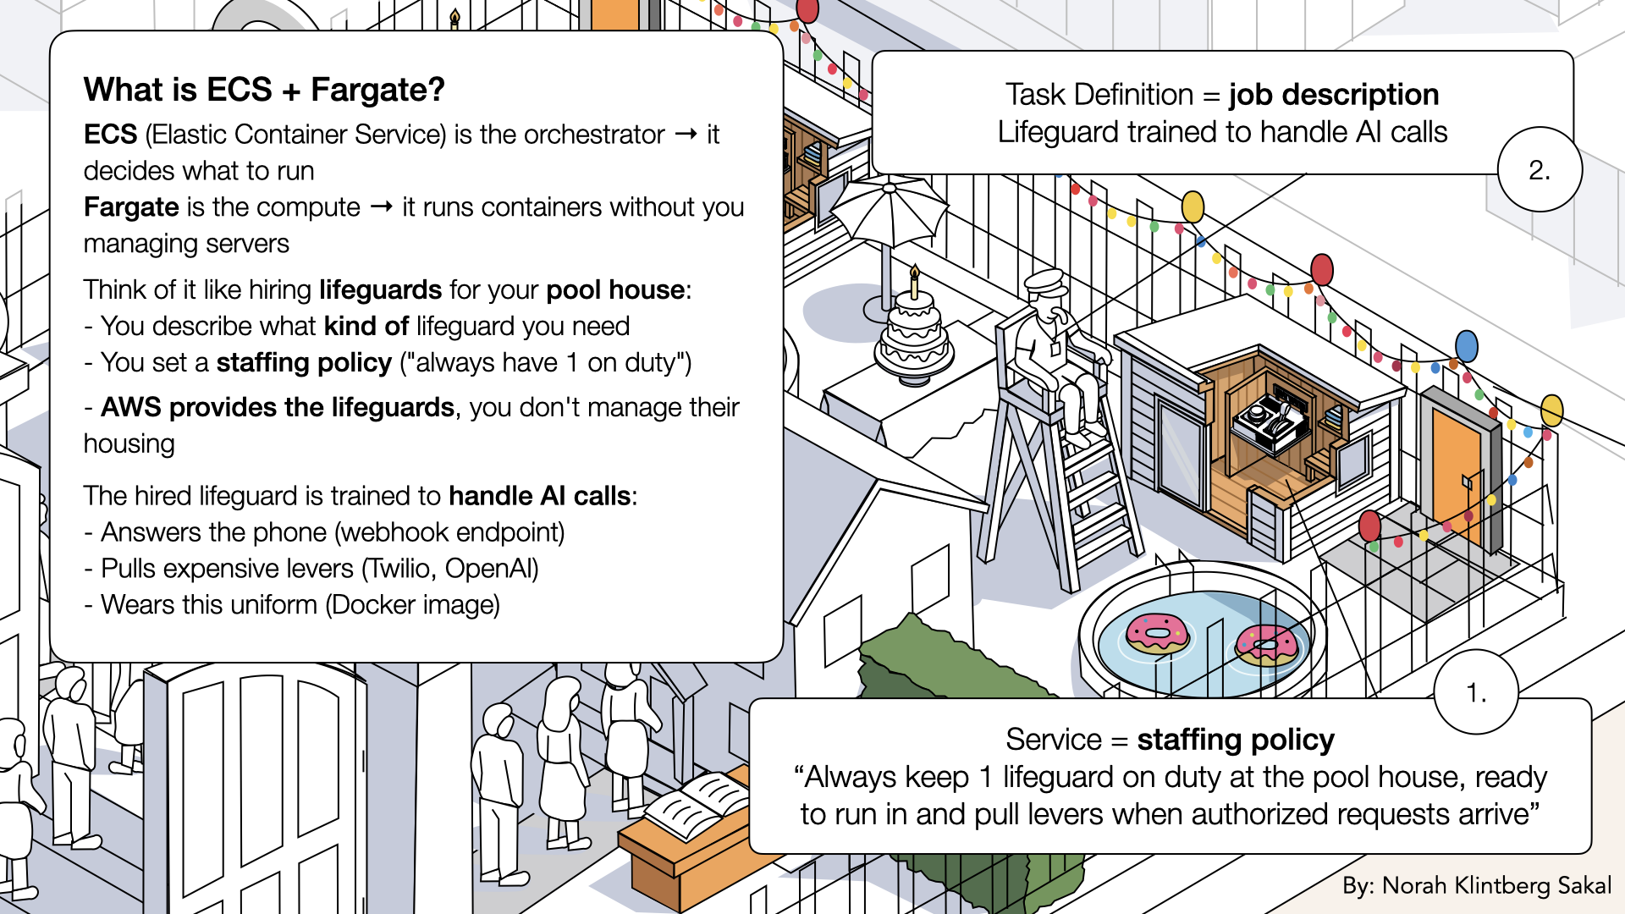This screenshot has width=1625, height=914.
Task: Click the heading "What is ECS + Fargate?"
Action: (264, 90)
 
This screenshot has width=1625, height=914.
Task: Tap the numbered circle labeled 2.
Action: (1540, 170)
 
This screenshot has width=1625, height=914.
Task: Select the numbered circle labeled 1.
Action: (1476, 693)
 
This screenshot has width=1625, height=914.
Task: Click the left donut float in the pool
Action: (1157, 633)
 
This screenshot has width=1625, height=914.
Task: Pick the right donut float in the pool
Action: (1265, 646)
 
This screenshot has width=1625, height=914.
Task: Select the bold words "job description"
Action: (1334, 95)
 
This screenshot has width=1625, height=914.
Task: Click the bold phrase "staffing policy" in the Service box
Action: (1235, 740)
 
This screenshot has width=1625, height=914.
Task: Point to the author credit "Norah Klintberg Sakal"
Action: (1496, 885)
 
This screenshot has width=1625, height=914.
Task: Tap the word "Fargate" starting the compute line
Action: (131, 207)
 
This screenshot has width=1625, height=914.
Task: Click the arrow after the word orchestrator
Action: (686, 135)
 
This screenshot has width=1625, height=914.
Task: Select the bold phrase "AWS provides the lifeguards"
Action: (278, 408)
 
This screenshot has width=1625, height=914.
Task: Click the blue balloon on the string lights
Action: (1467, 346)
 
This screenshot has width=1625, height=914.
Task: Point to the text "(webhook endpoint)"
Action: (449, 532)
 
